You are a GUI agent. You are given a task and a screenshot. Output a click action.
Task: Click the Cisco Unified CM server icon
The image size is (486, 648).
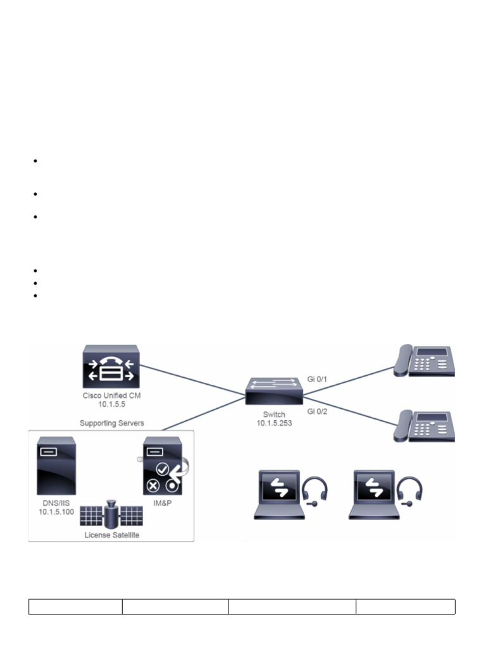coord(111,368)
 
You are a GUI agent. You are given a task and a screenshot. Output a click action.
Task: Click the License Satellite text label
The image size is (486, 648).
coord(111,535)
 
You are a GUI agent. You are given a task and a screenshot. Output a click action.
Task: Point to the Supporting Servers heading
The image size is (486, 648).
coord(111,422)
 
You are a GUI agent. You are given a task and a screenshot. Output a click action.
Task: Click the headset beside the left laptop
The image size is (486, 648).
coord(315,491)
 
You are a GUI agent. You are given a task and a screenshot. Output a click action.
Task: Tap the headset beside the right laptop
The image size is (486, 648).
coord(410,491)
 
